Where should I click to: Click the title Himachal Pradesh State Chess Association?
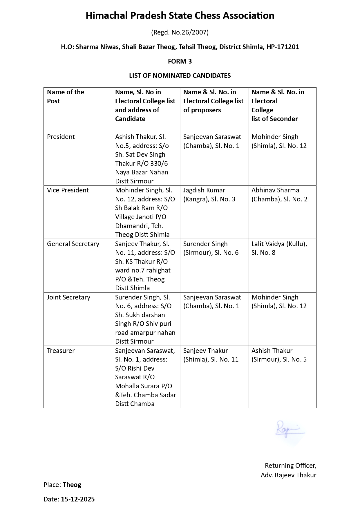(x=180, y=16)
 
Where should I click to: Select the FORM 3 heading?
(x=180, y=61)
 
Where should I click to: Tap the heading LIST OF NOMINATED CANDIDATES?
(x=180, y=76)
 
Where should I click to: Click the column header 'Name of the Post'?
(x=66, y=97)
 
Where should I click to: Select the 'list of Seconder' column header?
(x=274, y=119)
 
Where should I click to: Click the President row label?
(x=61, y=137)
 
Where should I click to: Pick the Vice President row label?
(x=68, y=190)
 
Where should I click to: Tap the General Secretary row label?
(x=73, y=244)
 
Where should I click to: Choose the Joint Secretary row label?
(x=69, y=297)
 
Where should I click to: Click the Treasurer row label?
(x=61, y=351)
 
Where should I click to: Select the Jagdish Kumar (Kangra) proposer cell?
(x=209, y=195)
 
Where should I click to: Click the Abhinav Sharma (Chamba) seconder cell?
(x=279, y=195)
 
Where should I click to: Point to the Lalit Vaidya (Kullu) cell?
(x=279, y=248)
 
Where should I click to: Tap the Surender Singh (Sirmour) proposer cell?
(x=211, y=248)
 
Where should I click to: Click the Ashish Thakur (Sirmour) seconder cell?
(x=279, y=355)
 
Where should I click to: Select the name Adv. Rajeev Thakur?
(x=288, y=475)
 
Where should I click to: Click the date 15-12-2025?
(x=78, y=499)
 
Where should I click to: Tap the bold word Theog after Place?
(x=72, y=485)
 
